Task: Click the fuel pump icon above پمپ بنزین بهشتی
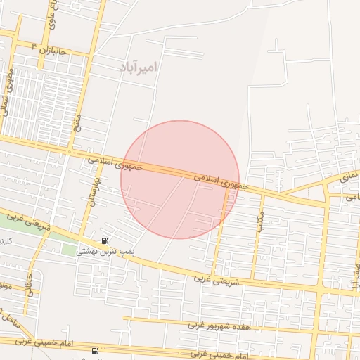(105, 240)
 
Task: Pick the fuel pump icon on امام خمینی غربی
(95, 350)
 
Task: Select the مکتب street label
(261, 221)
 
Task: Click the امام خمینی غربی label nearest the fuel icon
(46, 342)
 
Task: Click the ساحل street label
(10, 320)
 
